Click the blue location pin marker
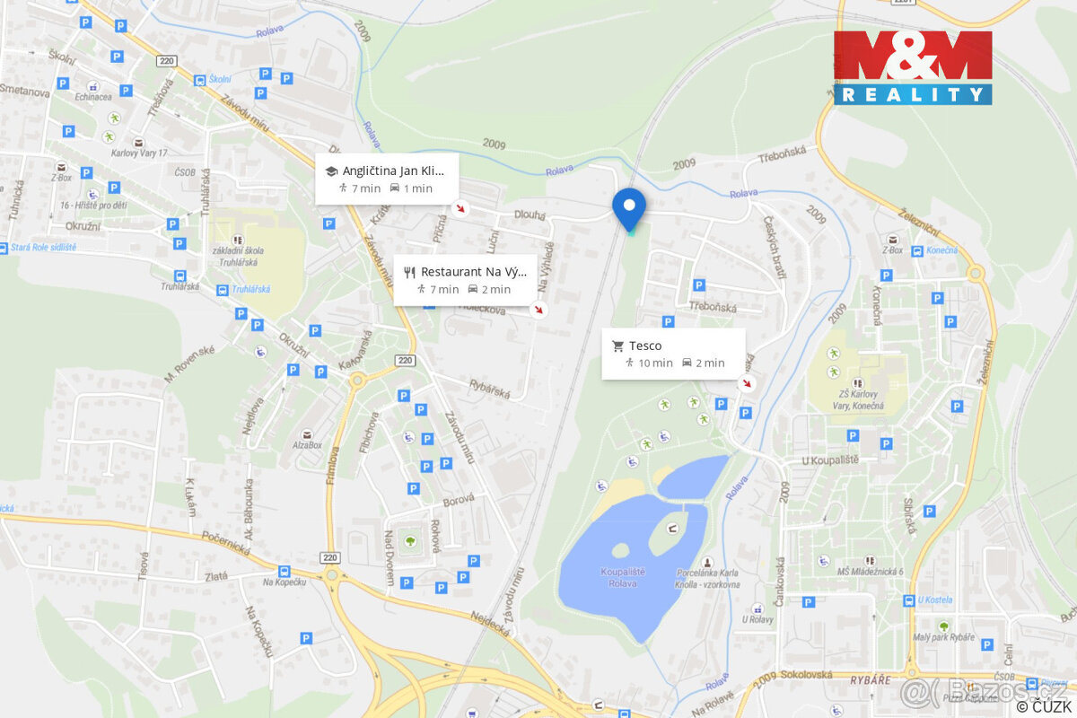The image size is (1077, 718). click(628, 208)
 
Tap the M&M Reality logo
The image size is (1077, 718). click(913, 67)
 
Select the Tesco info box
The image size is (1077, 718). click(673, 354)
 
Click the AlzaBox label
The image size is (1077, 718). click(306, 444)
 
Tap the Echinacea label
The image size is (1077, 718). click(94, 98)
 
